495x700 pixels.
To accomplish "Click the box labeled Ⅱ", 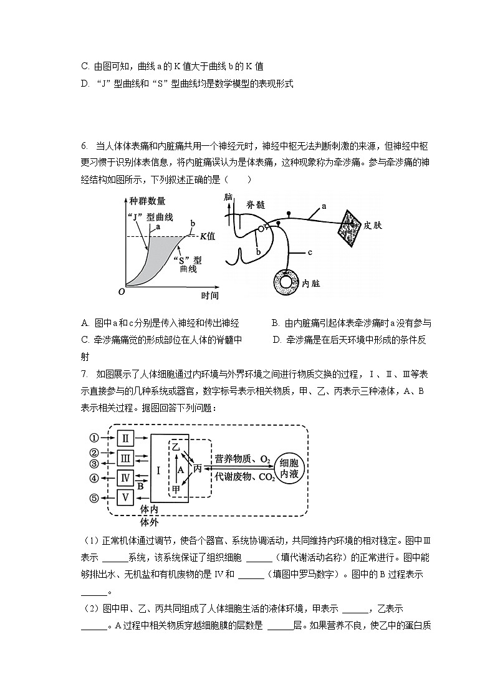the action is click(x=125, y=438).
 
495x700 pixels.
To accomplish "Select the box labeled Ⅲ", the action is click(x=125, y=458).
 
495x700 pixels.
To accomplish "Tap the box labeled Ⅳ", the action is click(x=125, y=478).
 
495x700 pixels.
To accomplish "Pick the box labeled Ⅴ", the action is click(x=125, y=498).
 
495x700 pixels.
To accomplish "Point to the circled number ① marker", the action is click(x=95, y=438).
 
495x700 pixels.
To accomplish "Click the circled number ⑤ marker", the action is click(x=95, y=498).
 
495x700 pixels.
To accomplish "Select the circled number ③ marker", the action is click(x=95, y=464).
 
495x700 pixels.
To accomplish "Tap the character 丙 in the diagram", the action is click(x=198, y=467).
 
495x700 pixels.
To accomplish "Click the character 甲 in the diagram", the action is click(x=176, y=490).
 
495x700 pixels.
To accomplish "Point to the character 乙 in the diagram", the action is click(x=176, y=446).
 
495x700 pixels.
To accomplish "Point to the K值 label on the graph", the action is click(x=207, y=236).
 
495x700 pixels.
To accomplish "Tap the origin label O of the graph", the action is click(x=122, y=292).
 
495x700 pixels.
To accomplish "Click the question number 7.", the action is click(x=84, y=374).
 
